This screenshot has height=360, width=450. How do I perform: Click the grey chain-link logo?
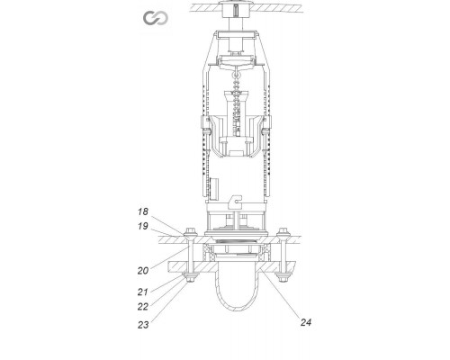(x=155, y=19)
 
